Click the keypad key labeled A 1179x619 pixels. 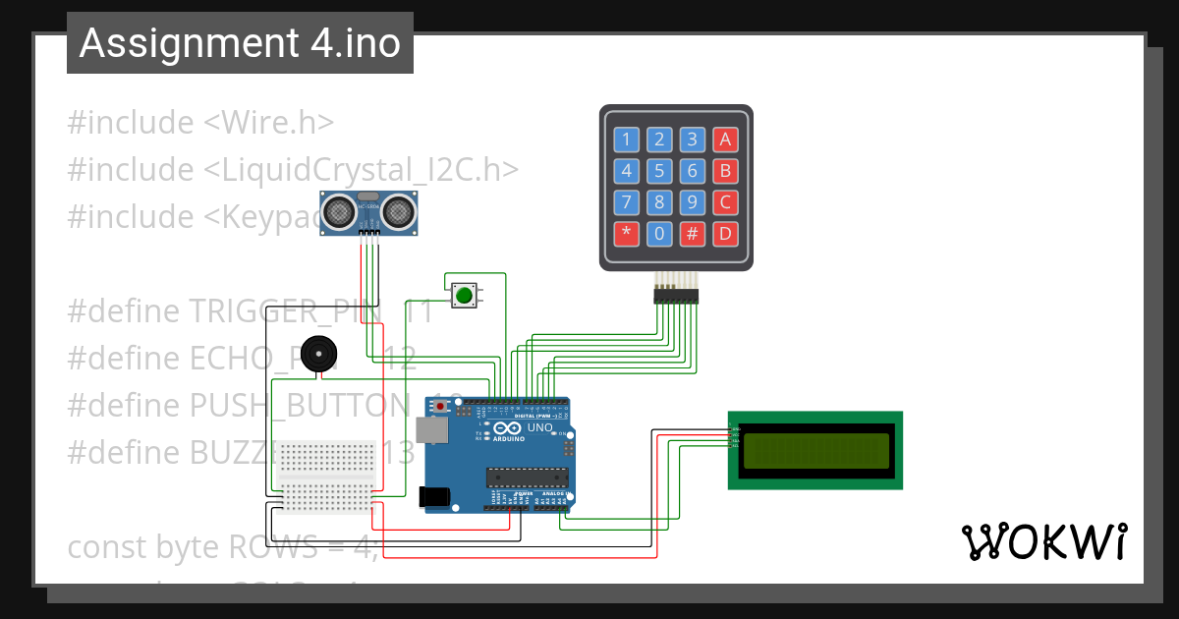725,140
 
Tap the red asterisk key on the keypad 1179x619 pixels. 626,235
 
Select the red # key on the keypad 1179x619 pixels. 693,235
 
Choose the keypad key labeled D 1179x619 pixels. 725,235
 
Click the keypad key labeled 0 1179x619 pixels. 659,235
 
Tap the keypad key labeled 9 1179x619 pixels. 693,203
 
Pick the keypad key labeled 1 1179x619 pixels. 626,140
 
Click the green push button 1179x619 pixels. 464,294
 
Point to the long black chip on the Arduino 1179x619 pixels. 528,478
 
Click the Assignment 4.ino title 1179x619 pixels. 240,43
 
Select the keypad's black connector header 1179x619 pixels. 676,295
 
